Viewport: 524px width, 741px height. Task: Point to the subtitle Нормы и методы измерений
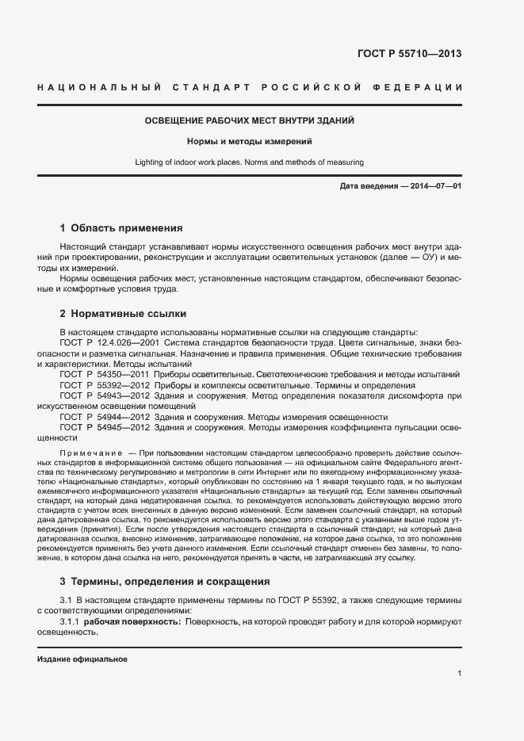[249, 142]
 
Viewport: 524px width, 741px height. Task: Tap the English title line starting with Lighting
[249, 162]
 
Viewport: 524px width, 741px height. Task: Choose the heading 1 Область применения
[121, 227]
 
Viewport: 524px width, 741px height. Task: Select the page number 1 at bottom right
[459, 674]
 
